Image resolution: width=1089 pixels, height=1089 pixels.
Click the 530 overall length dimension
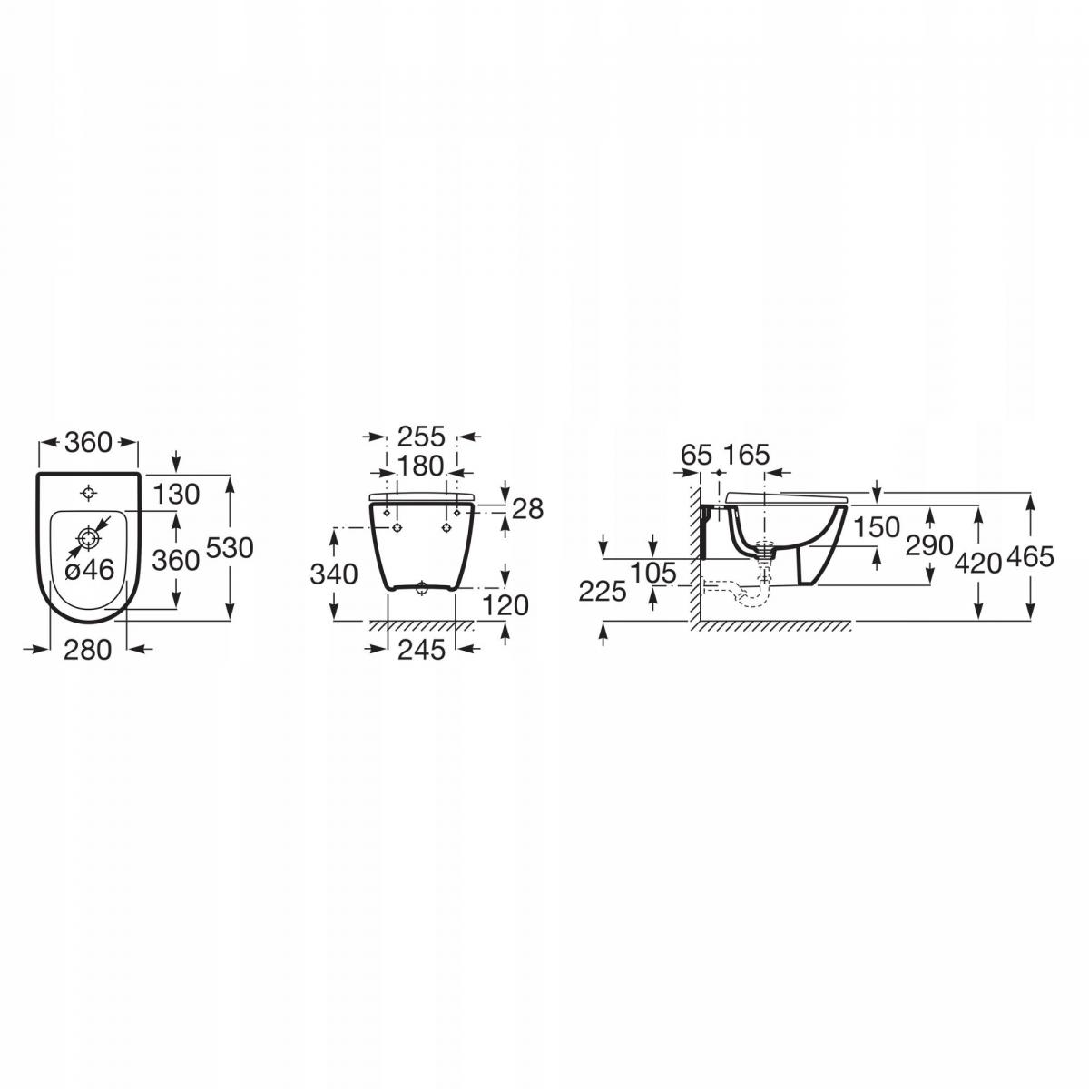pyautogui.click(x=230, y=547)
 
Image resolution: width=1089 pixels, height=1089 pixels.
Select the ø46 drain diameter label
pyautogui.click(x=90, y=570)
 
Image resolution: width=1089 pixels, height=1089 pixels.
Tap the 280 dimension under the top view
pyautogui.click(x=87, y=650)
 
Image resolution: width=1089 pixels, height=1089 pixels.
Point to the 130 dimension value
pyautogui.click(x=176, y=495)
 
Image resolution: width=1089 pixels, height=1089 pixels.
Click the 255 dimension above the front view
pyautogui.click(x=422, y=437)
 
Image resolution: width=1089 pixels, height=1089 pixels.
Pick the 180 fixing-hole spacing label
pyautogui.click(x=421, y=466)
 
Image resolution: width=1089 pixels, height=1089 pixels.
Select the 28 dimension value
pyautogui.click(x=528, y=509)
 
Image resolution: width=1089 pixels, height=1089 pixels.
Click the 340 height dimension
pyautogui.click(x=334, y=574)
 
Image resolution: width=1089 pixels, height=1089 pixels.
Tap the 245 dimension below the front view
pyautogui.click(x=422, y=650)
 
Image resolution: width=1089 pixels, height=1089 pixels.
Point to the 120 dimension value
pyautogui.click(x=505, y=606)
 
